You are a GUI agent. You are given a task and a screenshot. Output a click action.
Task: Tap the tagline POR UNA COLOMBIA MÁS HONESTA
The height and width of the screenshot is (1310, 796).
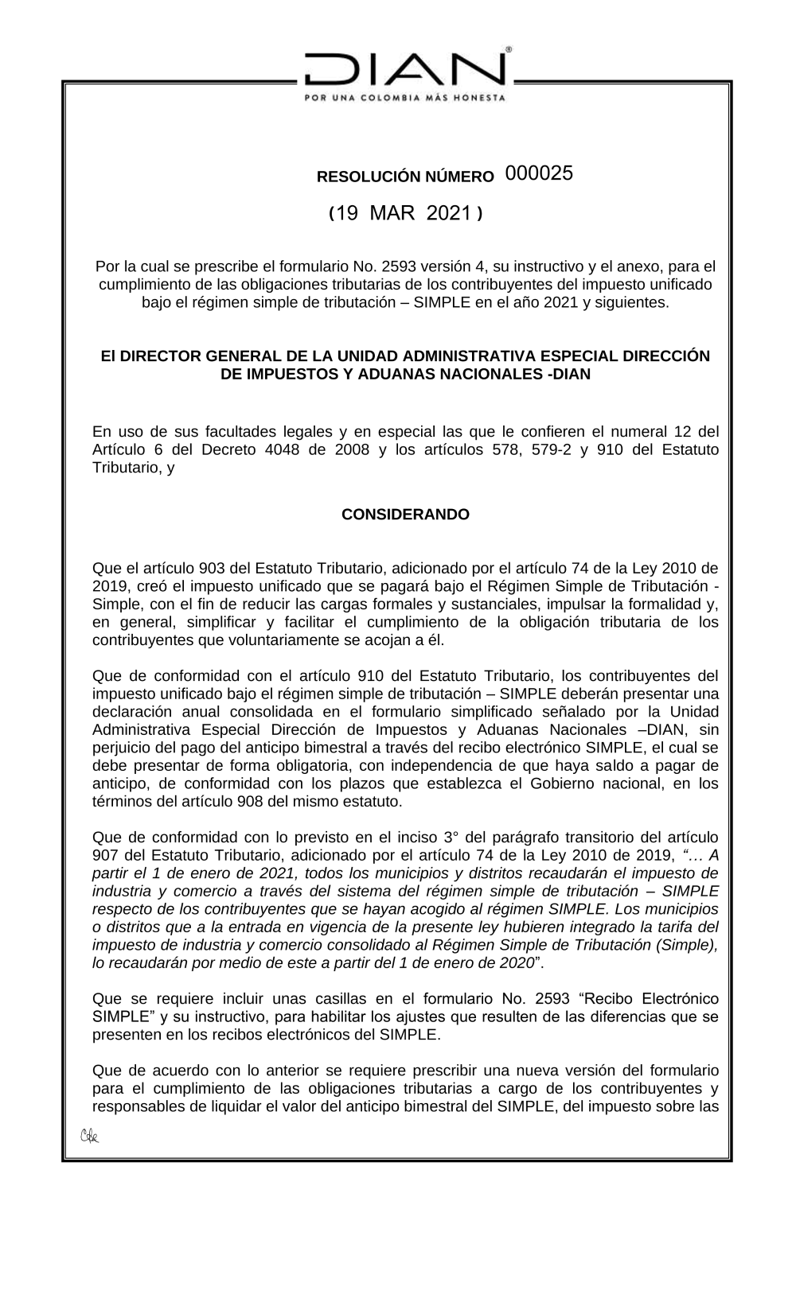click(406, 98)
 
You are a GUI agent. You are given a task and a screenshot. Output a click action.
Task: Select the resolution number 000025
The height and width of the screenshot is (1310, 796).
click(539, 173)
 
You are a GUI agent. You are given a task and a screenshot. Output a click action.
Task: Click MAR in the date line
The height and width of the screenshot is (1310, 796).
click(392, 213)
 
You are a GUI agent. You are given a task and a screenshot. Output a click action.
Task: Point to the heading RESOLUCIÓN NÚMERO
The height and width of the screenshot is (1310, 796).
click(405, 177)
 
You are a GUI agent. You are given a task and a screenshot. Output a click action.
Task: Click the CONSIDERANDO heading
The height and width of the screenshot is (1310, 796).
click(405, 515)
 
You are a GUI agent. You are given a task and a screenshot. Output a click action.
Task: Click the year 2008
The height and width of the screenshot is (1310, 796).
click(353, 449)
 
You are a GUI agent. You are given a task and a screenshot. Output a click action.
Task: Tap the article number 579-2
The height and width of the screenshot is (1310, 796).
click(553, 449)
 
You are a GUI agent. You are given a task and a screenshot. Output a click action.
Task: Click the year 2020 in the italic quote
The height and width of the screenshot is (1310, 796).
click(515, 962)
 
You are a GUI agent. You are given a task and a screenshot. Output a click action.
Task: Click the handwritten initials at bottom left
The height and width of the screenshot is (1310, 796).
click(89, 1136)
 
